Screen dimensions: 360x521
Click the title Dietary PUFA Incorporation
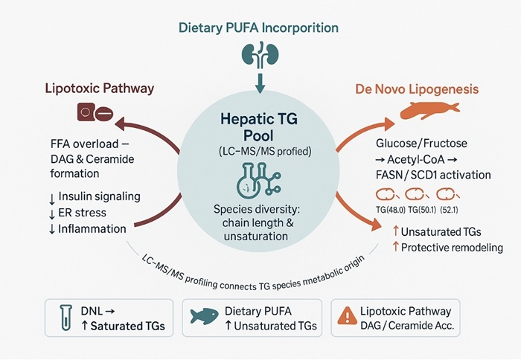tap(259, 28)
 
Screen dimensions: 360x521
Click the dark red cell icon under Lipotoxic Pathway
tap(93, 114)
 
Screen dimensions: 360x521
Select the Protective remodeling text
tap(445, 248)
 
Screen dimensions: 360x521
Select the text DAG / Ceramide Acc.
tap(411, 326)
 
